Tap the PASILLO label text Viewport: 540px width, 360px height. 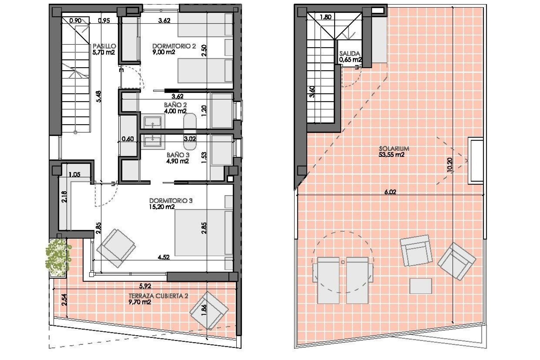104,46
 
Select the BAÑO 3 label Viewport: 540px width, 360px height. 178,155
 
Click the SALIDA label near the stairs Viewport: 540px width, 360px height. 350,53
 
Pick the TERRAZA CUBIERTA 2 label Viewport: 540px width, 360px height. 158,296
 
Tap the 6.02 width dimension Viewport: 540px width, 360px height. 390,192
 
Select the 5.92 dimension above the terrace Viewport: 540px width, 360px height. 145,286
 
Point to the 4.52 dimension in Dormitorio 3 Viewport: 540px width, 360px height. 164,257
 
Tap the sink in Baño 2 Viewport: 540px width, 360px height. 152,123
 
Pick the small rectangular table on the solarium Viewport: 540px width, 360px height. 420,286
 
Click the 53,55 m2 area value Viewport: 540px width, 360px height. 391,155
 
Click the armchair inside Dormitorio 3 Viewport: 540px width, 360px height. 116,247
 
